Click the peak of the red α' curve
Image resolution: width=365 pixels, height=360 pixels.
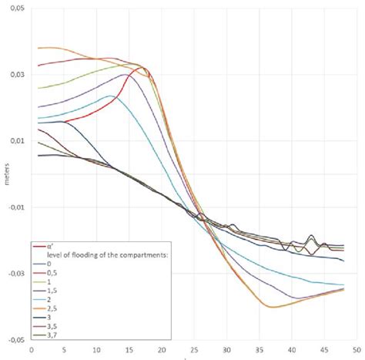144,68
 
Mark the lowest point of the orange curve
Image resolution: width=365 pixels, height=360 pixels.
271,307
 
